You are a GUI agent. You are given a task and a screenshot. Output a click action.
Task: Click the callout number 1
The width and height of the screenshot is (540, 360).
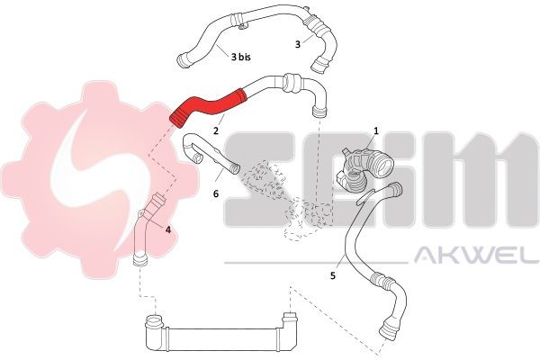375,130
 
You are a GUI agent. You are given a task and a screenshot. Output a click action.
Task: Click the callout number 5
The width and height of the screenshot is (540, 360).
333,275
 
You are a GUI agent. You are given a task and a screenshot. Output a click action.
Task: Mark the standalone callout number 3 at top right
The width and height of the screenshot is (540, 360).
298,43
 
